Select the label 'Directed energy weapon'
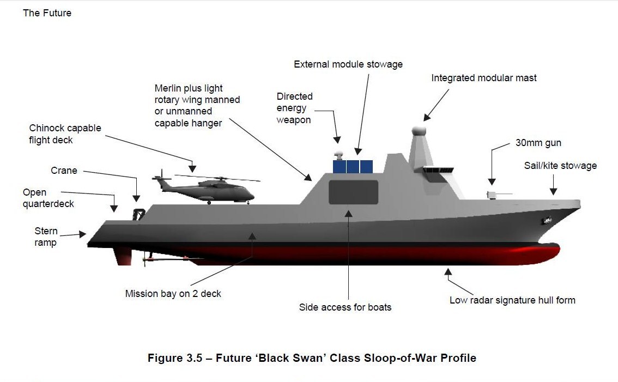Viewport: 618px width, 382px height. (294, 108)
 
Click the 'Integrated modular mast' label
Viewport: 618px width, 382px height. (483, 78)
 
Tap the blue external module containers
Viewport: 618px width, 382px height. (353, 166)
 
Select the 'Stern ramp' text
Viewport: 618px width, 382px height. (46, 237)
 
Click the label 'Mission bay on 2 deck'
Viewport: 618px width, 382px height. (173, 294)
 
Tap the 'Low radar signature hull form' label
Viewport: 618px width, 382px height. (512, 300)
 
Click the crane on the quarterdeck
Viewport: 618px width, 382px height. (138, 213)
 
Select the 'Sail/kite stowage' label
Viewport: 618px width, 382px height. (560, 166)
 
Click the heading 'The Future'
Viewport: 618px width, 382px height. (47, 13)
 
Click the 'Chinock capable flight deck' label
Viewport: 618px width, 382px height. (65, 134)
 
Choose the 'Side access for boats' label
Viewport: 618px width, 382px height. (345, 307)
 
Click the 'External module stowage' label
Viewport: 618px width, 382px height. (348, 64)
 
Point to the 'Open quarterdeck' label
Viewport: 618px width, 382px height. (48, 198)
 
